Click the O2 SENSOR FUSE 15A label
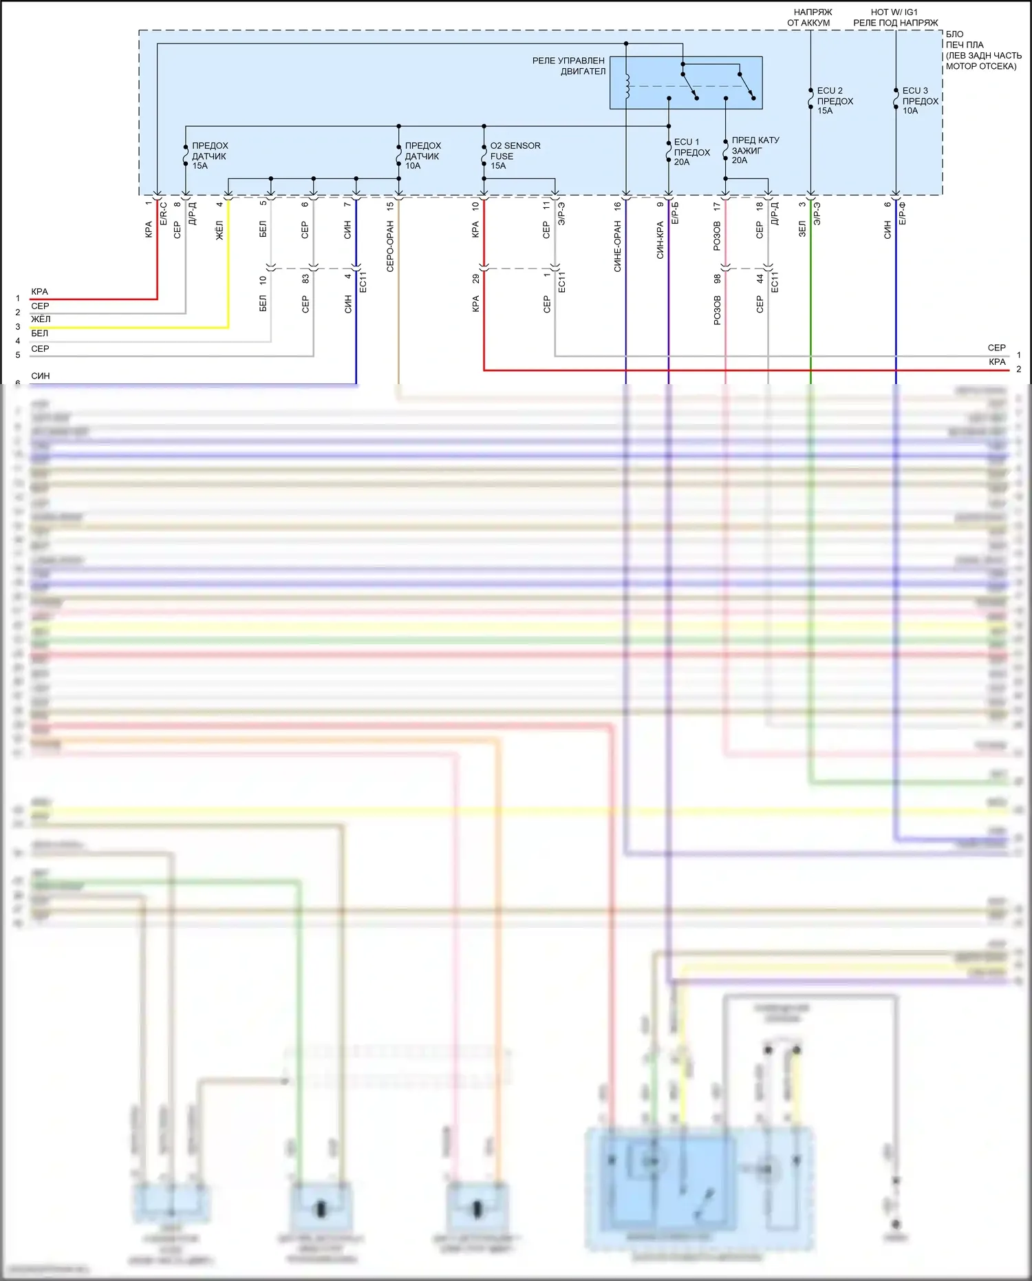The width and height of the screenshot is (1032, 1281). click(x=515, y=156)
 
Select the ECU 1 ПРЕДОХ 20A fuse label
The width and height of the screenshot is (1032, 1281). click(x=691, y=152)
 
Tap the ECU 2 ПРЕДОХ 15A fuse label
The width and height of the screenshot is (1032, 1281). click(x=835, y=100)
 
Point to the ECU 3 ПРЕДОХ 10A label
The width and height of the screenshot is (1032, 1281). click(x=920, y=100)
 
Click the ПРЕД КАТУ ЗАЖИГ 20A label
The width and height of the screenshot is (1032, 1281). click(x=755, y=150)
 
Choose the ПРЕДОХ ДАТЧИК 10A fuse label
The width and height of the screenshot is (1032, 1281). click(x=422, y=156)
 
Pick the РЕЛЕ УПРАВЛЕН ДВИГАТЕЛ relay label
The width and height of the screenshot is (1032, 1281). click(x=568, y=66)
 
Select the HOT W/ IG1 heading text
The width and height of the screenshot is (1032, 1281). click(x=894, y=12)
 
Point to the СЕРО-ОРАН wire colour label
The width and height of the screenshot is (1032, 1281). click(x=390, y=246)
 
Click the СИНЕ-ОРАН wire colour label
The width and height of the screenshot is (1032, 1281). click(x=617, y=246)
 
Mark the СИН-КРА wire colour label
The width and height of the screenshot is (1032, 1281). click(x=660, y=240)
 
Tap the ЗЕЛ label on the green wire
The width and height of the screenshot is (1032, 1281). click(x=802, y=229)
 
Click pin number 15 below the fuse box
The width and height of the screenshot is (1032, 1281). click(x=390, y=205)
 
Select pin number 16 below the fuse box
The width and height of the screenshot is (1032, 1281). click(x=617, y=205)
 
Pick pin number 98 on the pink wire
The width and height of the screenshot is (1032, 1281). click(x=717, y=279)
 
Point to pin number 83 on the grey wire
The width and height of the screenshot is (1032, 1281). click(x=305, y=279)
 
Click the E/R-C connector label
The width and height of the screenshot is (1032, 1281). click(x=164, y=213)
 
